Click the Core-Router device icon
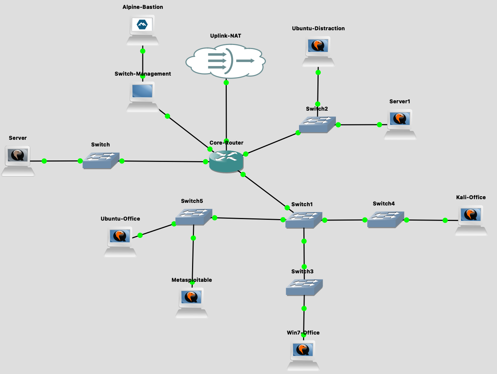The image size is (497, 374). (x=226, y=162)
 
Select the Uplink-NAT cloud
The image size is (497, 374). (x=226, y=61)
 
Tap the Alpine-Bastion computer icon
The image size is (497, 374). (x=142, y=30)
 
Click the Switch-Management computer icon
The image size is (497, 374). (x=142, y=97)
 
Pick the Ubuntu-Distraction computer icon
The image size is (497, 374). (x=318, y=51)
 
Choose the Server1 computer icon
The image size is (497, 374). (x=400, y=125)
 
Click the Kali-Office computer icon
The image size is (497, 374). (x=471, y=221)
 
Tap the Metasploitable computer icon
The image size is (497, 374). (x=192, y=303)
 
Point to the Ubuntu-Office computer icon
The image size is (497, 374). (x=120, y=242)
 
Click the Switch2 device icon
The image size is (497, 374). (x=317, y=125)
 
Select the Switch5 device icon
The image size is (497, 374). (x=194, y=217)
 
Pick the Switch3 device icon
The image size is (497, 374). (x=304, y=287)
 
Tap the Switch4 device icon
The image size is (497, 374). (x=386, y=219)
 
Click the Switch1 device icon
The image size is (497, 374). (x=304, y=220)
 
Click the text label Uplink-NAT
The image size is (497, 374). (x=226, y=36)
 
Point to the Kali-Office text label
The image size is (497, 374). (x=471, y=197)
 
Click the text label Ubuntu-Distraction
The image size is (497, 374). (x=318, y=28)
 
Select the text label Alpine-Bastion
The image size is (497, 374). (x=143, y=7)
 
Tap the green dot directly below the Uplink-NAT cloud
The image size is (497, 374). (x=226, y=83)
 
